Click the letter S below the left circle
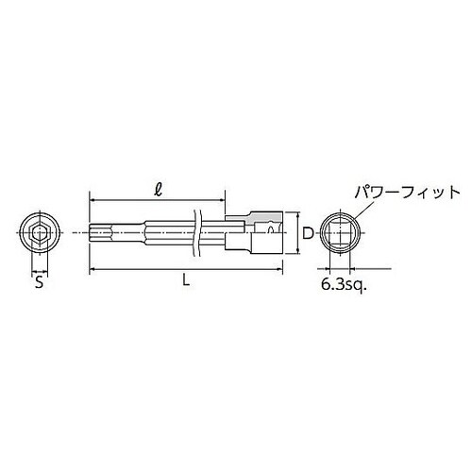[x=38, y=280]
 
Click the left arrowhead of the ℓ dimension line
[x=93, y=200]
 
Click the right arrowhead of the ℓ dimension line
[x=223, y=200]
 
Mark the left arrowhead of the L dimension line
[x=93, y=271]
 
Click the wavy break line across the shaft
[x=195, y=231]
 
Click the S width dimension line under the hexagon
[x=38, y=267]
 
